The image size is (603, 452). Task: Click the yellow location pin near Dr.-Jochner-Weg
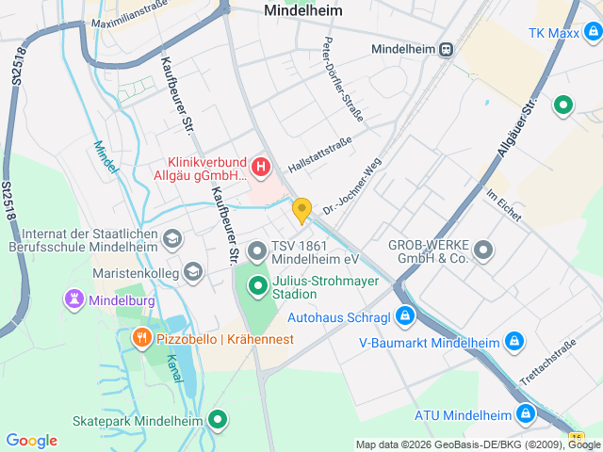click(x=301, y=209)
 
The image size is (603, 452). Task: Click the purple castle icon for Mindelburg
click(x=73, y=300)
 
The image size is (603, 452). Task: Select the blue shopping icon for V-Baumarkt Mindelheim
click(x=514, y=342)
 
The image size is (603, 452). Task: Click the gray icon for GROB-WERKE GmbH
click(x=483, y=250)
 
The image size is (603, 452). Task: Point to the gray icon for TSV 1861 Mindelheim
click(x=256, y=251)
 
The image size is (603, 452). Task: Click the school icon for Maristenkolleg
click(x=193, y=273)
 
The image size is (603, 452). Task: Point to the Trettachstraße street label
click(x=547, y=366)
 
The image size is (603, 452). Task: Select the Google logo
click(x=31, y=441)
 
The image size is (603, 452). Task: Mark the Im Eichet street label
click(x=504, y=204)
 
